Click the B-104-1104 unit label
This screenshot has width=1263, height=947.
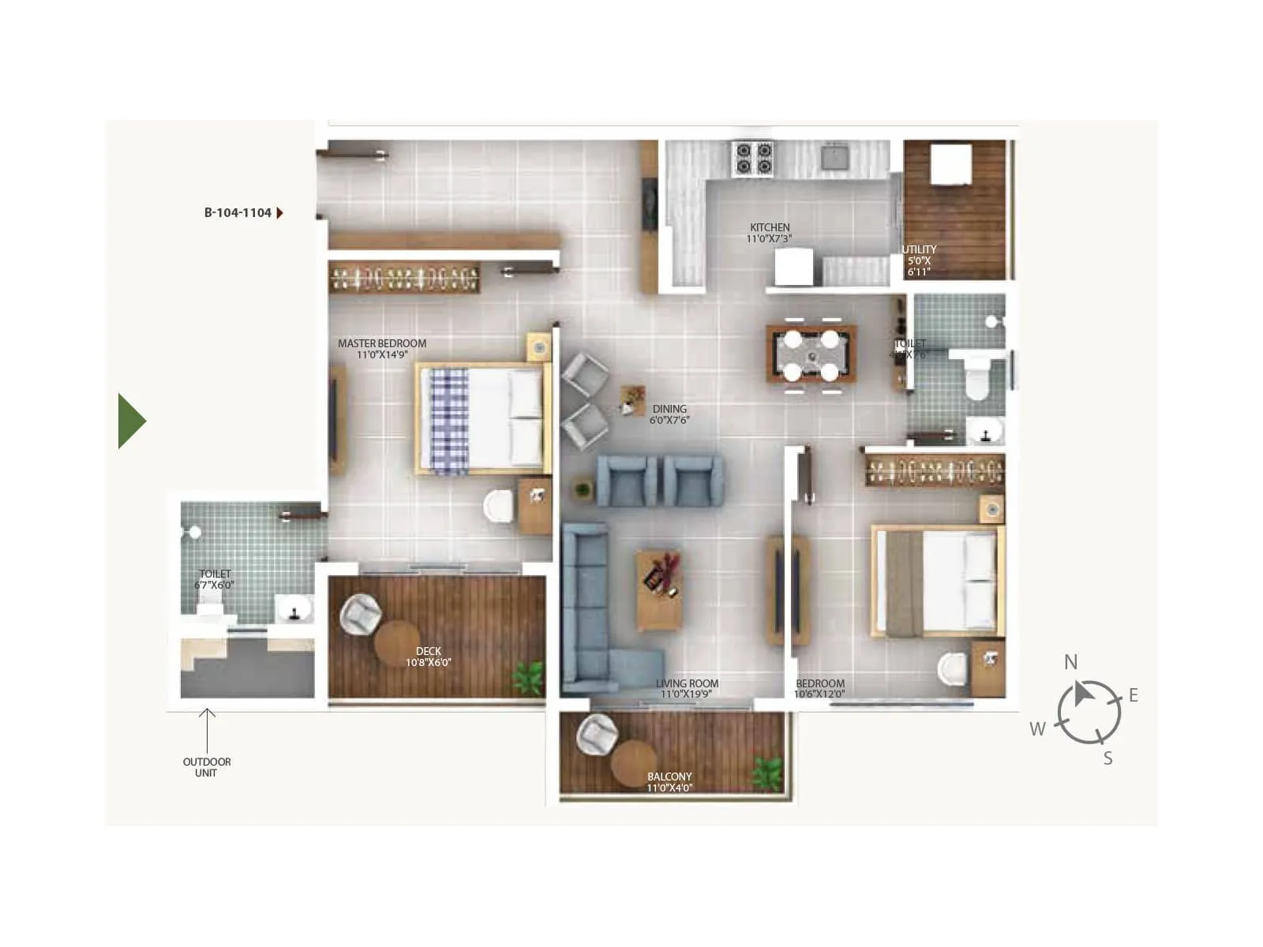point(238,213)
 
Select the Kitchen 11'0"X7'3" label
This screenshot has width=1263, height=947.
point(770,233)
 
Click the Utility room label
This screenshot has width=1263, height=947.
point(919,260)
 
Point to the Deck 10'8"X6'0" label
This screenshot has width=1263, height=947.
point(429,657)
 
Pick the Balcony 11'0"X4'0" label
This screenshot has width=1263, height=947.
point(669,782)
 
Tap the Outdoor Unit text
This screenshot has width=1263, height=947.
point(207,767)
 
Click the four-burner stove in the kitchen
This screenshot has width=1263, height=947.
point(753,157)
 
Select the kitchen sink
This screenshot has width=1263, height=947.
point(834,157)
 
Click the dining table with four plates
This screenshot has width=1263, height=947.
point(811,354)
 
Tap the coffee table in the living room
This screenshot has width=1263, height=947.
point(659,590)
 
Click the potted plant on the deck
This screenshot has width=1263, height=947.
point(528,678)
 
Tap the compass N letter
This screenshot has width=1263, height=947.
point(1070,662)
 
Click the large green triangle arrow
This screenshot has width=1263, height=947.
point(130,421)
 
